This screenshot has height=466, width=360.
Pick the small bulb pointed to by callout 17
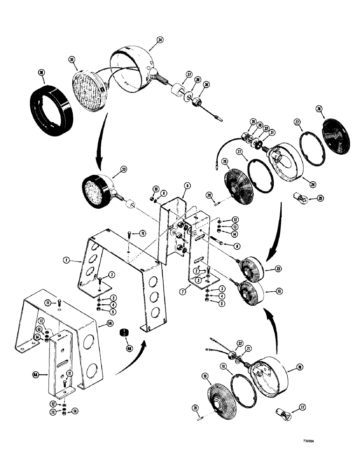pyautogui.click(x=281, y=412)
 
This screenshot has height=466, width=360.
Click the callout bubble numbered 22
pyautogui.click(x=239, y=343)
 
